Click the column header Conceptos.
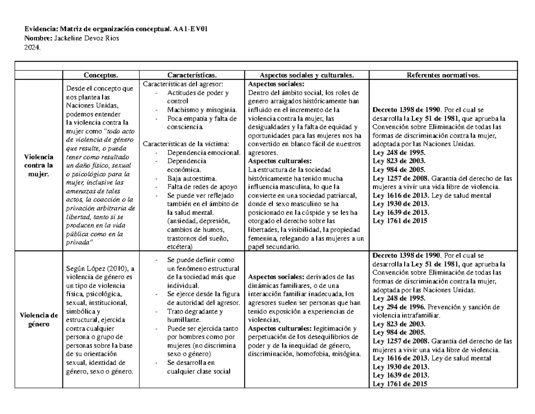pos(101,75)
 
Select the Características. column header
pos(192,75)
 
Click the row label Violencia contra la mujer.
pos(38,165)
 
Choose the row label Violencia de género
pos(38,319)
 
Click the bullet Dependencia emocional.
pos(204,153)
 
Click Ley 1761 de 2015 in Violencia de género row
pos(400,384)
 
